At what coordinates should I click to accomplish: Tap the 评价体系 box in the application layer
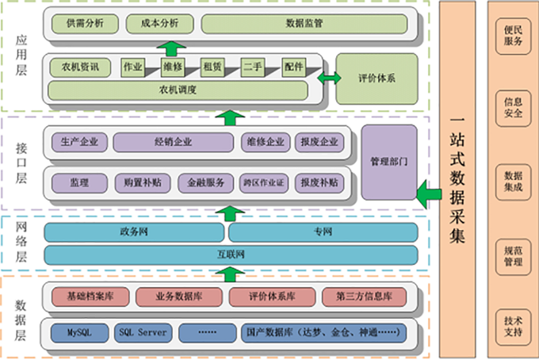377,79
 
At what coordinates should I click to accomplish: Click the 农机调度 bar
178,90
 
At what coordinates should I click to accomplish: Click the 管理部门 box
388,162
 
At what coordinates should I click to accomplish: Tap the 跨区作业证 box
265,183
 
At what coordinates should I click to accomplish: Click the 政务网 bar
134,232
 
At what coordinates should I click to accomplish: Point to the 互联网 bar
231,255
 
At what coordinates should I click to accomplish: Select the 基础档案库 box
90,297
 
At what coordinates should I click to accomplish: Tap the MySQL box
79,331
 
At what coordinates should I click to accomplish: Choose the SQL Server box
143,331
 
